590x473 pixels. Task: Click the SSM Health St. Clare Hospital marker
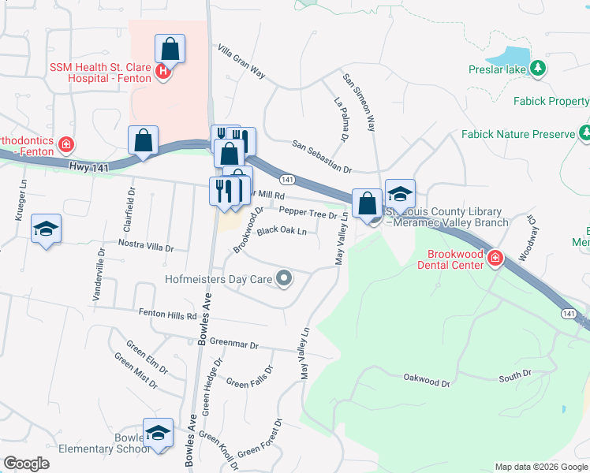click(x=163, y=73)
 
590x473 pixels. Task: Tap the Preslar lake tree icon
click(x=539, y=69)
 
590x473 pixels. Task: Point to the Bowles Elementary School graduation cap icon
click(x=158, y=434)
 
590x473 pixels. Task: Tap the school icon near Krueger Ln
click(x=47, y=229)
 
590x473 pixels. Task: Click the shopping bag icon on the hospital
click(x=170, y=50)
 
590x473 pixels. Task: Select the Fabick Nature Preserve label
click(x=517, y=135)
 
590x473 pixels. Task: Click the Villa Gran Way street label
click(x=241, y=60)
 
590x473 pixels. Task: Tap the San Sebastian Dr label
click(x=321, y=157)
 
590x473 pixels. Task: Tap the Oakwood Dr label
click(x=426, y=383)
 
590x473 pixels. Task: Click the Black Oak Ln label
click(x=282, y=231)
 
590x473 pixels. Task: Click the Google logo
click(x=26, y=464)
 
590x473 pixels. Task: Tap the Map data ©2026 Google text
click(x=541, y=467)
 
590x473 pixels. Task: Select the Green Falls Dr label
click(x=249, y=377)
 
